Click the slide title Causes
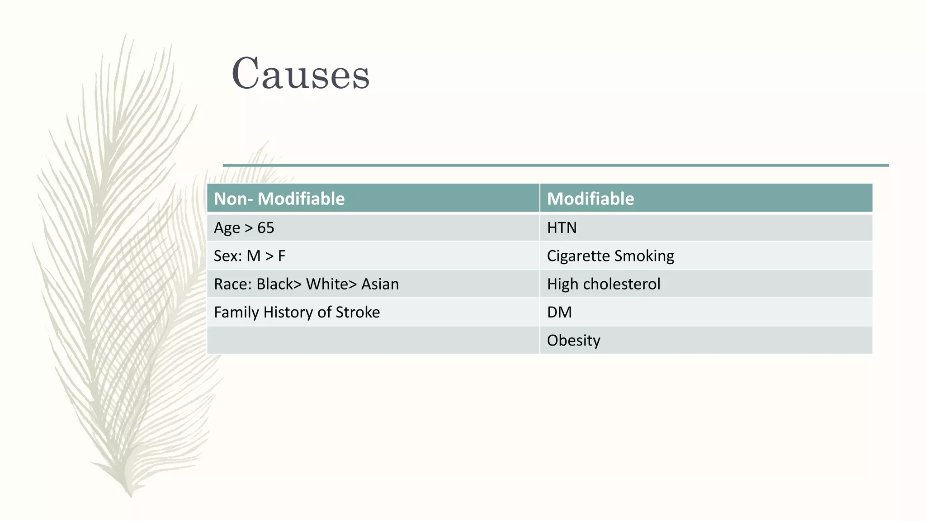click(300, 73)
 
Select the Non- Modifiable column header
click(279, 199)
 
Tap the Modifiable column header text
click(590, 199)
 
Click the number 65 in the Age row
click(265, 227)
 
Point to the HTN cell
click(562, 227)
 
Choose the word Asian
click(380, 284)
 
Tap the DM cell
click(559, 312)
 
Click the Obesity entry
click(573, 340)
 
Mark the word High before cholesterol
click(562, 284)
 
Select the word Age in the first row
click(227, 227)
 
